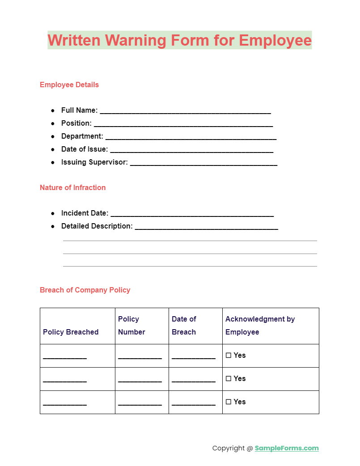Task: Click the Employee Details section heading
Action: click(x=69, y=85)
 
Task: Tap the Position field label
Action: click(x=76, y=123)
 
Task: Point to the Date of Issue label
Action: click(x=85, y=149)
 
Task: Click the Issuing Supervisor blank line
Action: click(x=203, y=163)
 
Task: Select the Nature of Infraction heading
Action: click(x=72, y=187)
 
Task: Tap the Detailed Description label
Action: click(x=97, y=226)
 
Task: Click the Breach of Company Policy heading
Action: click(x=85, y=290)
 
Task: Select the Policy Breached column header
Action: click(x=71, y=332)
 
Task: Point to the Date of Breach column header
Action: click(x=184, y=326)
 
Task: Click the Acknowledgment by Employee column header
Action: click(x=260, y=326)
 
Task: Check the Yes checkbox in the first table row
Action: click(x=229, y=356)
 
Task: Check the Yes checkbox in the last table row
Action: click(x=229, y=402)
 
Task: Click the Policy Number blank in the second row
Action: click(x=140, y=380)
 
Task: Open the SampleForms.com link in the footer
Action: click(x=287, y=448)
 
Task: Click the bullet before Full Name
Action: click(x=53, y=110)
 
